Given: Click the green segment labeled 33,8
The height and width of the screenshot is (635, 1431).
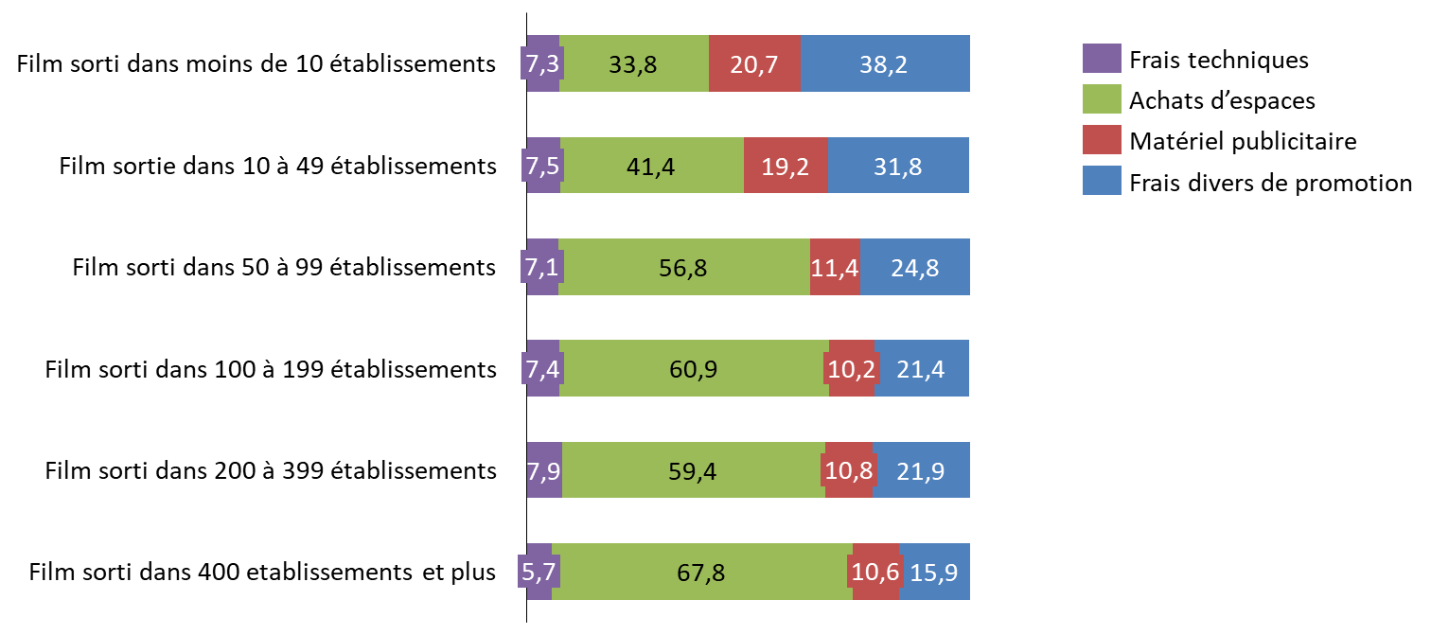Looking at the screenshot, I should [634, 63].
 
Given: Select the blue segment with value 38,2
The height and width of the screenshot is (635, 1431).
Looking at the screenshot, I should [885, 63].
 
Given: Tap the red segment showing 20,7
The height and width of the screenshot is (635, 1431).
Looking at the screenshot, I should [754, 63].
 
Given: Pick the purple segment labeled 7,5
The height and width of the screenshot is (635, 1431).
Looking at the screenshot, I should [543, 166].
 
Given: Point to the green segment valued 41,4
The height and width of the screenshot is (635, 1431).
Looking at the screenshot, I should [651, 166].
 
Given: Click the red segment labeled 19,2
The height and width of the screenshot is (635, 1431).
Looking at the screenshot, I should [786, 166].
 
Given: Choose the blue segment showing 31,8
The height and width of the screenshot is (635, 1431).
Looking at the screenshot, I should [898, 166].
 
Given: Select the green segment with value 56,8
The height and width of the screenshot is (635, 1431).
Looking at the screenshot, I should [683, 267].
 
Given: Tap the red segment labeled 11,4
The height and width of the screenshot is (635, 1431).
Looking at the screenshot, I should [835, 267].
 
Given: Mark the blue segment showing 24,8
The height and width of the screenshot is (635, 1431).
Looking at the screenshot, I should [915, 267].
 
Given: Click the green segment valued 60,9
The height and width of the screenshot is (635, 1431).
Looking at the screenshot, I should [694, 368].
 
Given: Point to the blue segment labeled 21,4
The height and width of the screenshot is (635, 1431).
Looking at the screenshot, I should [922, 368].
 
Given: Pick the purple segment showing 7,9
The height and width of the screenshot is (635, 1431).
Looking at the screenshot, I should [544, 470].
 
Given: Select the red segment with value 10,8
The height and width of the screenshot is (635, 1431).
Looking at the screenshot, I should [848, 470].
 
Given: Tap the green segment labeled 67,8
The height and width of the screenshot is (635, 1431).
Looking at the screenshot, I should [701, 572].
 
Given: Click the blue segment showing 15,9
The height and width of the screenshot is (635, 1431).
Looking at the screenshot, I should [934, 572].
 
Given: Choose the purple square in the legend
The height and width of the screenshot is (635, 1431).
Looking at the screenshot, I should [1102, 58].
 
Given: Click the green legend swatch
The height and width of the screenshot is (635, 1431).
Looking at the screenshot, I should [1102, 98].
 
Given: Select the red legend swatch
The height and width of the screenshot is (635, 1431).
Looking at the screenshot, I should [1102, 139].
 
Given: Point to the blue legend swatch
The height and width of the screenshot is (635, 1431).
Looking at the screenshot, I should [1102, 180].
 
